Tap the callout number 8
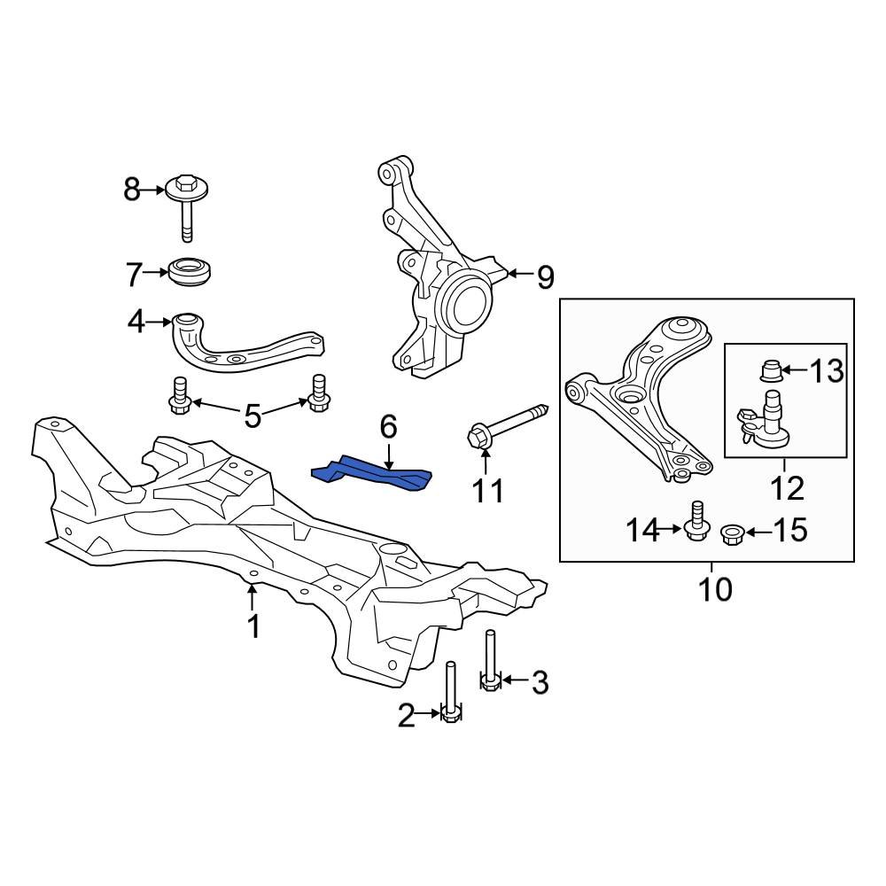coord(132,189)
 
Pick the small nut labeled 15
coord(733,533)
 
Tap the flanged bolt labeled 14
coord(696,523)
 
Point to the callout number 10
coord(715,588)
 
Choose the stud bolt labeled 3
coord(490,660)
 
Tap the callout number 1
coord(254,627)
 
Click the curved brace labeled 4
coord(239,346)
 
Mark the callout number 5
coord(253,415)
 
